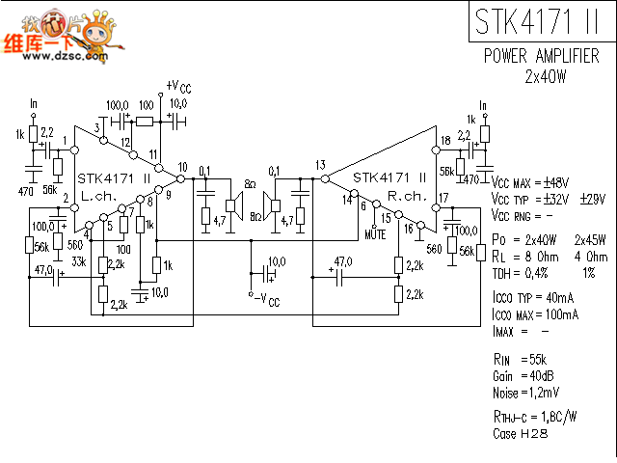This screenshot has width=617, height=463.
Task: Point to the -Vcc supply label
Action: point(264,300)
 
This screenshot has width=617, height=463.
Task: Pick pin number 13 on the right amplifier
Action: point(320,165)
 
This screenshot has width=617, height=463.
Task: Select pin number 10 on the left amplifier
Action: point(182,167)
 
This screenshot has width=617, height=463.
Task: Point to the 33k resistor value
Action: point(79,261)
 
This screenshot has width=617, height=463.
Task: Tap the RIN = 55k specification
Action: point(522,359)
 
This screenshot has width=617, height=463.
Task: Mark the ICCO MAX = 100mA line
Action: point(535,314)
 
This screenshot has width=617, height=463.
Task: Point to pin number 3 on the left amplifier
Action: point(97,128)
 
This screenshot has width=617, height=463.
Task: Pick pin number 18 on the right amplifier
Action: point(444,141)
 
